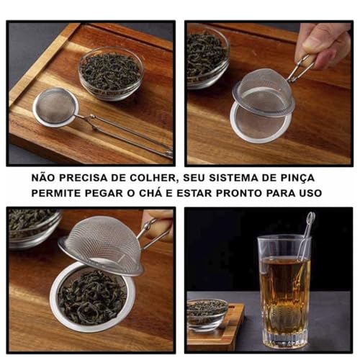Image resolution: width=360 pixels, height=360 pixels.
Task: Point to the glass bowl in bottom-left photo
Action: pos(32,227)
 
